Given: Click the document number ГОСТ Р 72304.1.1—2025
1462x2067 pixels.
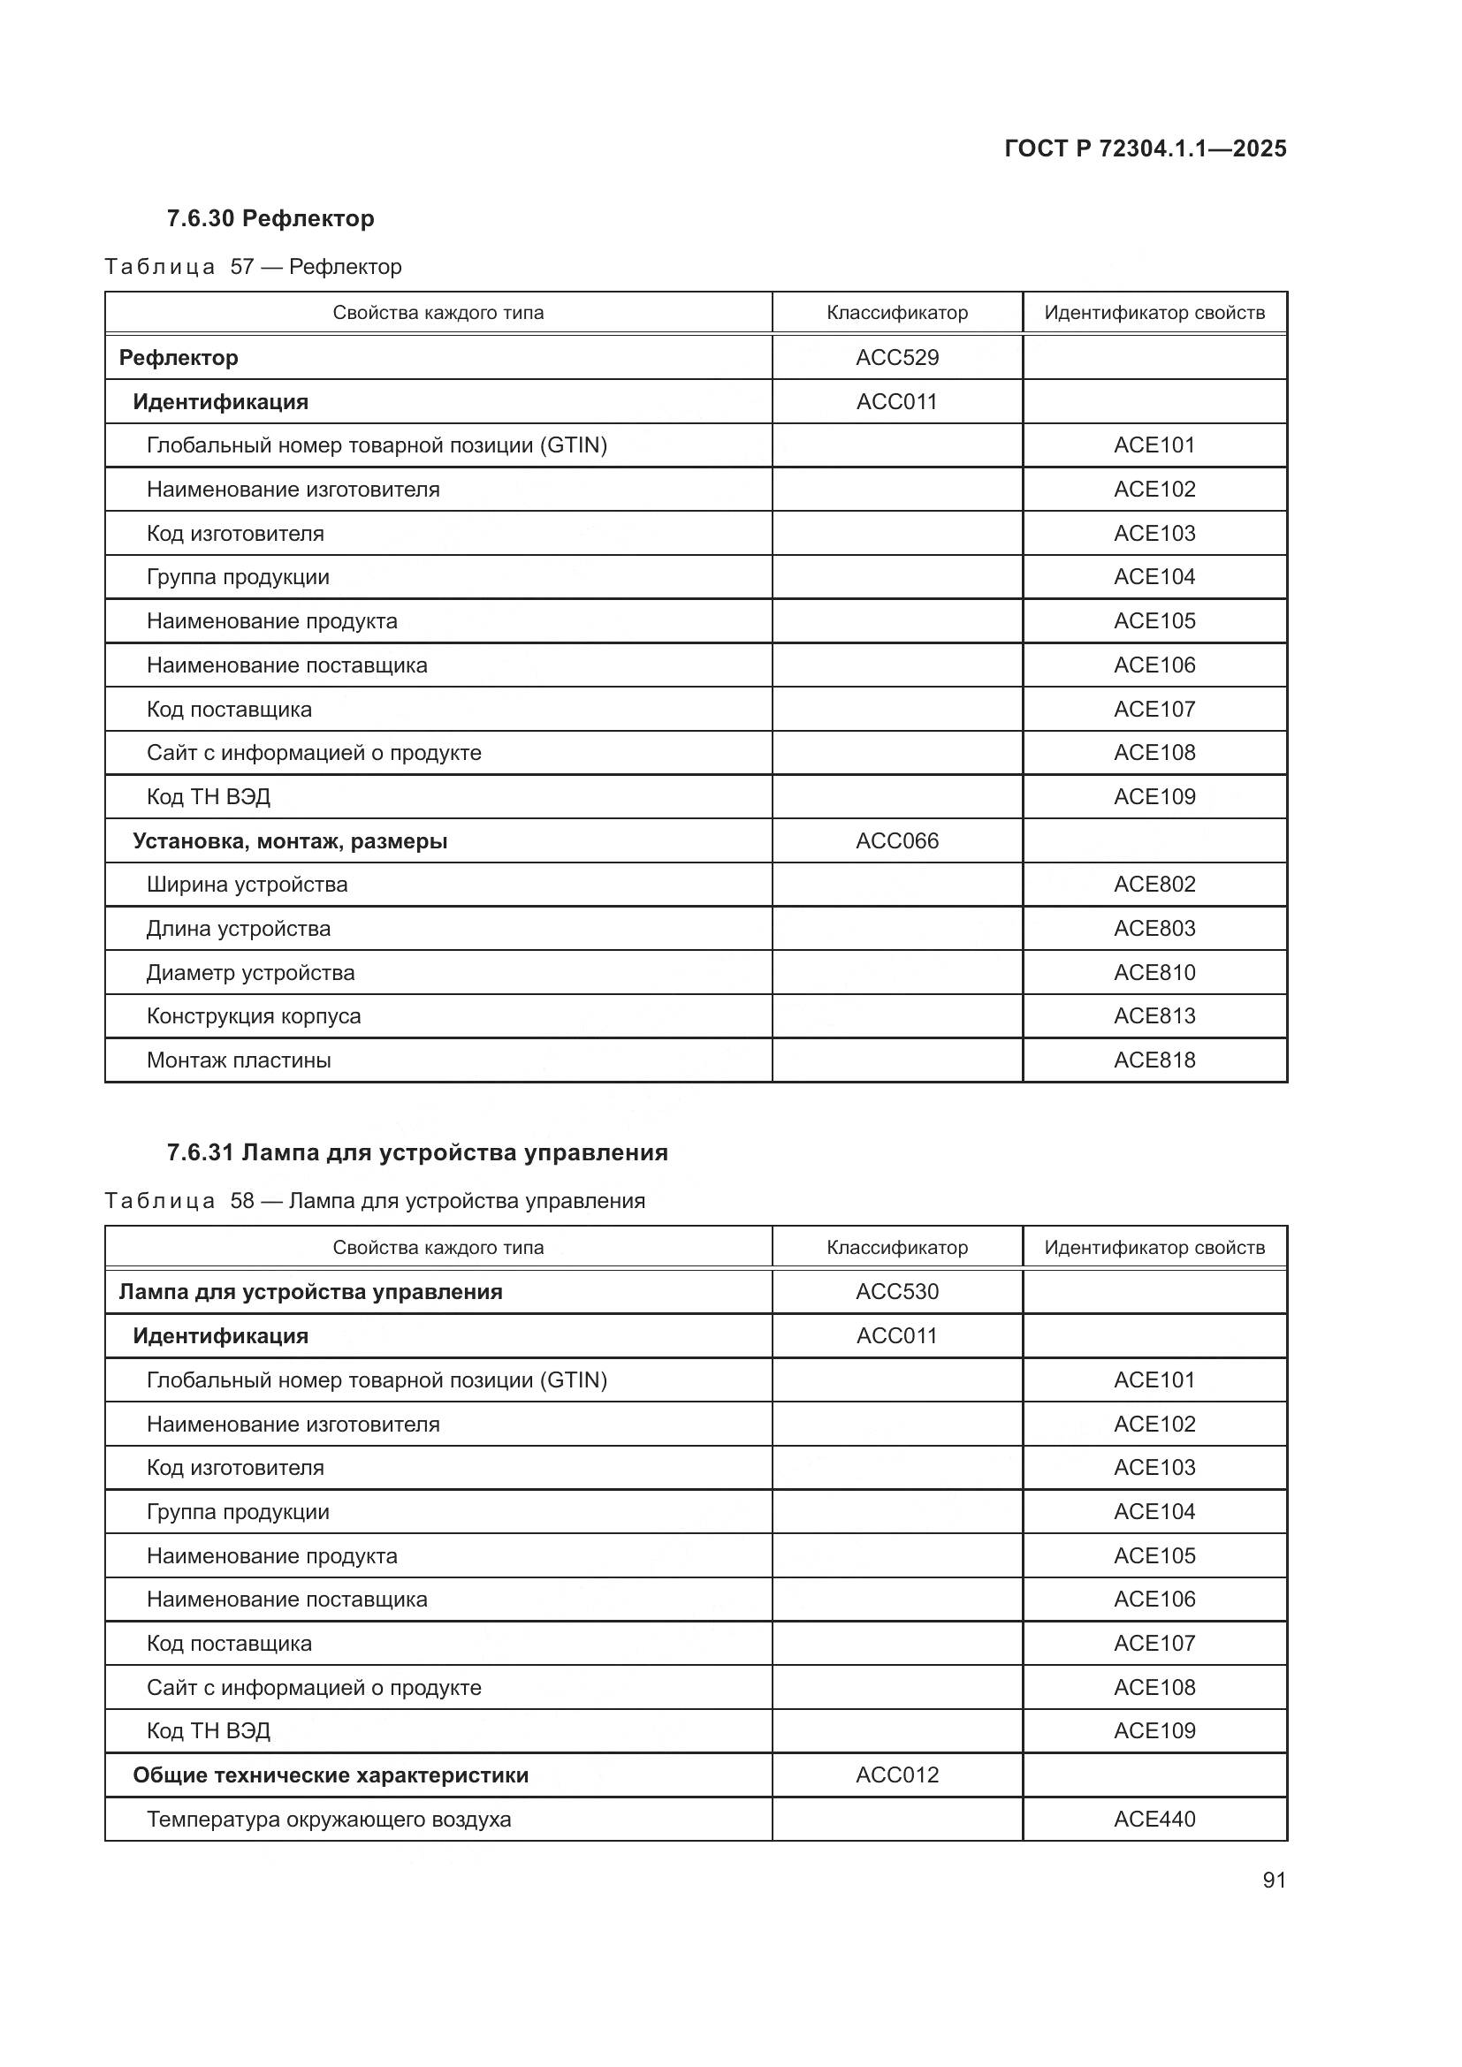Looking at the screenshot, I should [x=1144, y=148].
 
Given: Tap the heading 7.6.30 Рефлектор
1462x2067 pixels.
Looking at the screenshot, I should [x=270, y=219].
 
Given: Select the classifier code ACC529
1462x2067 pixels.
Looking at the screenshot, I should [x=896, y=357].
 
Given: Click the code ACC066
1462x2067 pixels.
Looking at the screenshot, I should [x=896, y=840].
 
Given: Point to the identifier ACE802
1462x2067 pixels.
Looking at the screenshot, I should [x=1154, y=884].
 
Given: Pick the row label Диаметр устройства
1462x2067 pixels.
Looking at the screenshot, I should [x=250, y=972].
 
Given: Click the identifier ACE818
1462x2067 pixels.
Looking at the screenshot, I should [x=1154, y=1060].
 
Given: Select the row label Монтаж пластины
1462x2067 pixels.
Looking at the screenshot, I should [x=239, y=1060].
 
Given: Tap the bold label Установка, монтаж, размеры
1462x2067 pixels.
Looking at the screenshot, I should [x=290, y=840].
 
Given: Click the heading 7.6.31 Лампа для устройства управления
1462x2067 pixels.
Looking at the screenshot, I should [x=417, y=1152].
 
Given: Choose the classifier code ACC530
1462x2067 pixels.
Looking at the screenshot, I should [x=896, y=1292].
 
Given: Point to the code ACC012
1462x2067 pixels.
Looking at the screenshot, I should [x=896, y=1774].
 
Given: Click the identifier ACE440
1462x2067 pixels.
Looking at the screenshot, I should [x=1154, y=1819].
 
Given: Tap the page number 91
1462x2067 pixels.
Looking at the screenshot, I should [x=1274, y=1880].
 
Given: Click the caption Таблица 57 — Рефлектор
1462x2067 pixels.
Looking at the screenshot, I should [x=253, y=267].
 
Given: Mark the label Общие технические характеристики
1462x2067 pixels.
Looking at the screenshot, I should [x=331, y=1775].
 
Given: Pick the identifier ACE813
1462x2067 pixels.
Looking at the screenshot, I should [x=1154, y=1015].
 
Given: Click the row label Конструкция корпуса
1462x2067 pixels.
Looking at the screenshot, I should [x=253, y=1015].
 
